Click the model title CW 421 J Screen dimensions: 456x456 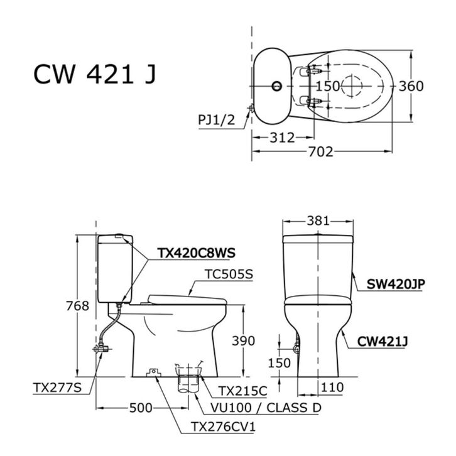[x=95, y=75]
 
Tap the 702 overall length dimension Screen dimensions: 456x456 [x=320, y=151]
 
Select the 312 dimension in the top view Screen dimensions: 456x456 [x=282, y=138]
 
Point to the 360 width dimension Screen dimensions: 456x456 [x=411, y=86]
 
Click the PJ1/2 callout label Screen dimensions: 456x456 [x=216, y=119]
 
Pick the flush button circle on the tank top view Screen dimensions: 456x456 [x=276, y=86]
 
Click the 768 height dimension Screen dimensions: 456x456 [x=77, y=306]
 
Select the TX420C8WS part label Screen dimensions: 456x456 [x=197, y=252]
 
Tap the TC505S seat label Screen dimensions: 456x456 [x=229, y=274]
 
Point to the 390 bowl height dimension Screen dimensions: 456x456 [x=244, y=341]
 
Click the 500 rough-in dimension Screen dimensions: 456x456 [x=141, y=408]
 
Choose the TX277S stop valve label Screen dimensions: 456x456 [x=57, y=388]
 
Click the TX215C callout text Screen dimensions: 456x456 [x=242, y=391]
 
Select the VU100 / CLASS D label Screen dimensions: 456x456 [x=266, y=408]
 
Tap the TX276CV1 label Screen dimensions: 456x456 [x=224, y=426]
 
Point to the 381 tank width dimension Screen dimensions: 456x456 [x=318, y=221]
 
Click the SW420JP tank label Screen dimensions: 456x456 [x=396, y=284]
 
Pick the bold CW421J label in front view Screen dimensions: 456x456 [x=382, y=342]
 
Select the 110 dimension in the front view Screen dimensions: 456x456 [x=332, y=388]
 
